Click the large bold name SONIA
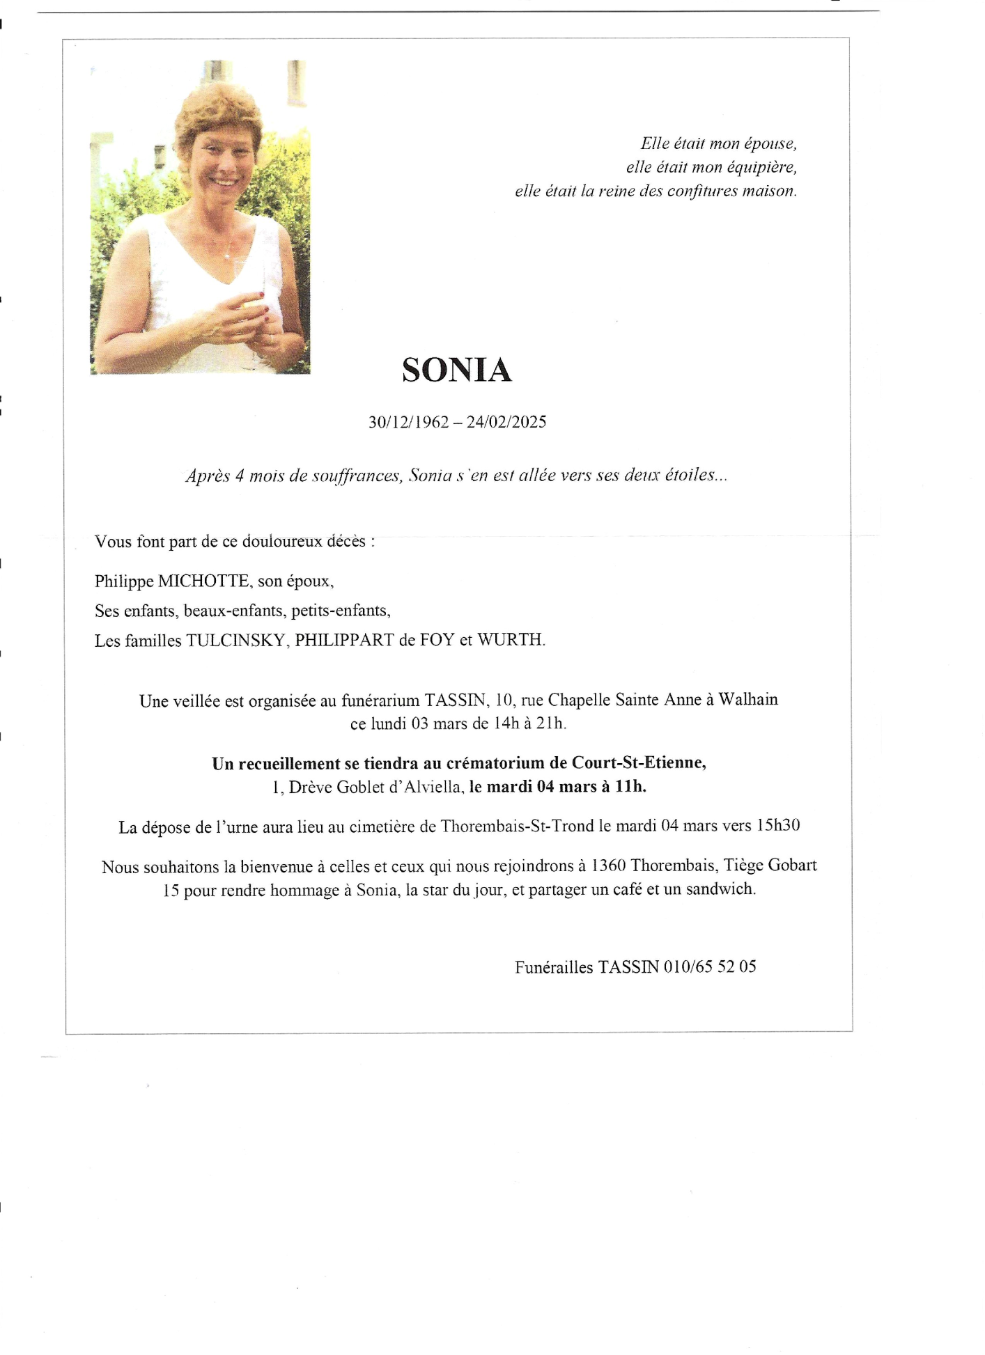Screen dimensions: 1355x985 pos(456,370)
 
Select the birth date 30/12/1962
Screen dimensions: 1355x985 pos(408,422)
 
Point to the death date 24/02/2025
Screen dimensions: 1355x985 pos(506,422)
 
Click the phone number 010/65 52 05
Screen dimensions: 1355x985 pos(710,967)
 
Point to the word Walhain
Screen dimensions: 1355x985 pos(747,700)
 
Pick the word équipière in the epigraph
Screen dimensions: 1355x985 pos(761,167)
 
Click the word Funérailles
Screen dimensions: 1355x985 pos(554,967)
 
